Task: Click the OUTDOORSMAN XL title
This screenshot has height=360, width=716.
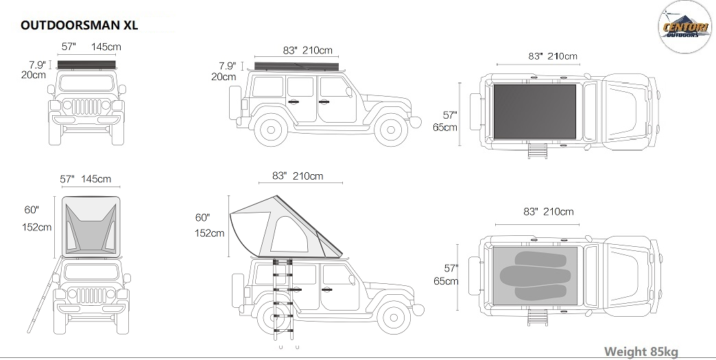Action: tap(79, 25)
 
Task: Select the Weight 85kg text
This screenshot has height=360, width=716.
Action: tap(641, 351)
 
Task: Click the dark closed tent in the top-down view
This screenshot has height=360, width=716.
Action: tap(534, 111)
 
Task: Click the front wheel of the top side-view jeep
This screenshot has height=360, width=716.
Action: tap(390, 130)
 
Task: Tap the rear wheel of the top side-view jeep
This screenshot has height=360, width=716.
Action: tap(271, 130)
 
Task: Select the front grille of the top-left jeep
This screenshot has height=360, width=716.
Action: tap(86, 106)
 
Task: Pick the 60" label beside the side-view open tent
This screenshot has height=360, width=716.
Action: tap(203, 217)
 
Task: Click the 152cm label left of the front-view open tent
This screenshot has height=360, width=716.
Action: tap(36, 227)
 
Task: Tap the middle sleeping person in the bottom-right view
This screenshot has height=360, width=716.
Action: tap(535, 276)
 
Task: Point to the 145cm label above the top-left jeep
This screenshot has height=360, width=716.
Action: tap(106, 47)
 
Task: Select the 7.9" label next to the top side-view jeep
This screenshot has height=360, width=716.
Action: tap(228, 66)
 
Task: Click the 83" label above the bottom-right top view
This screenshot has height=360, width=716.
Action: tap(531, 212)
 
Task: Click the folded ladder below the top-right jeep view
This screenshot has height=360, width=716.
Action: tap(538, 151)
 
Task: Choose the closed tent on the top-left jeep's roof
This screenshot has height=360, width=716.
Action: tap(86, 64)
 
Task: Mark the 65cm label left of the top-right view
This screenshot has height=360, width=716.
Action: tap(445, 128)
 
